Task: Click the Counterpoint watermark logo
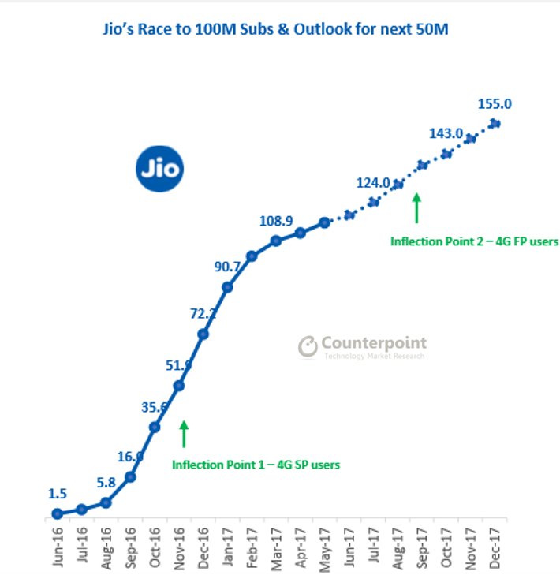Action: click(x=362, y=346)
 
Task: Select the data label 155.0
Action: click(x=495, y=103)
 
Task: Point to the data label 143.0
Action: click(x=446, y=134)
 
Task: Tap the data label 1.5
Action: click(x=57, y=494)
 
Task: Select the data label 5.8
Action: click(x=106, y=481)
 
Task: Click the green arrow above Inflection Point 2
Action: click(x=417, y=209)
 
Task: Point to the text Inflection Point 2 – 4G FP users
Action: click(x=474, y=241)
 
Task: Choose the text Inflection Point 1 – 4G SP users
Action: click(x=256, y=465)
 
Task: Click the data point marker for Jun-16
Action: click(x=57, y=513)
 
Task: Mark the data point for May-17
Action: click(x=324, y=223)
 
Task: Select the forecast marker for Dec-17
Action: click(x=495, y=122)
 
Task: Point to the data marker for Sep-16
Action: click(x=130, y=476)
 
